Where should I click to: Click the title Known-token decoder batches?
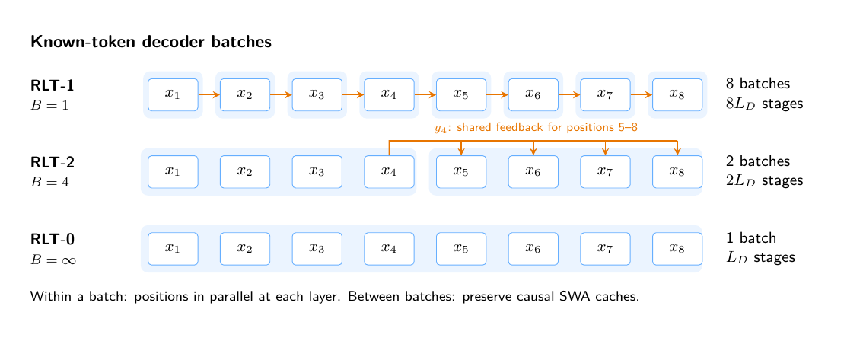coord(151,42)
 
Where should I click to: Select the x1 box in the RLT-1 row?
coord(174,94)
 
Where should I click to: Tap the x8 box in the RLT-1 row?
coord(677,94)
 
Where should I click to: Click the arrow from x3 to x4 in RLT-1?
coord(353,94)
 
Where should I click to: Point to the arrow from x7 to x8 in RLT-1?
coord(642,94)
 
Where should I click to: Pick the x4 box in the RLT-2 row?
coord(389,172)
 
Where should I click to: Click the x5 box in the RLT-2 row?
coord(461,172)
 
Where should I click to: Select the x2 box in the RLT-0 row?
coord(245,249)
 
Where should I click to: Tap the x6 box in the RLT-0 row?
coord(533,249)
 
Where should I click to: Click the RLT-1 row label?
coord(53,85)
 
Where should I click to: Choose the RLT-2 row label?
coord(53,162)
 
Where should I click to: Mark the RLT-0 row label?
coord(53,240)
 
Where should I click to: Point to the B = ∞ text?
coord(53,260)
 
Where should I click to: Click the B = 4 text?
coord(49,182)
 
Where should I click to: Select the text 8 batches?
coord(758,84)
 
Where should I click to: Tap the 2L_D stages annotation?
coord(765,180)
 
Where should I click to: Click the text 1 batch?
coord(750,237)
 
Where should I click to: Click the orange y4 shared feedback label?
coord(536,129)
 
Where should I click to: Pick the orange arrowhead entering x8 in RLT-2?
coord(677,152)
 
